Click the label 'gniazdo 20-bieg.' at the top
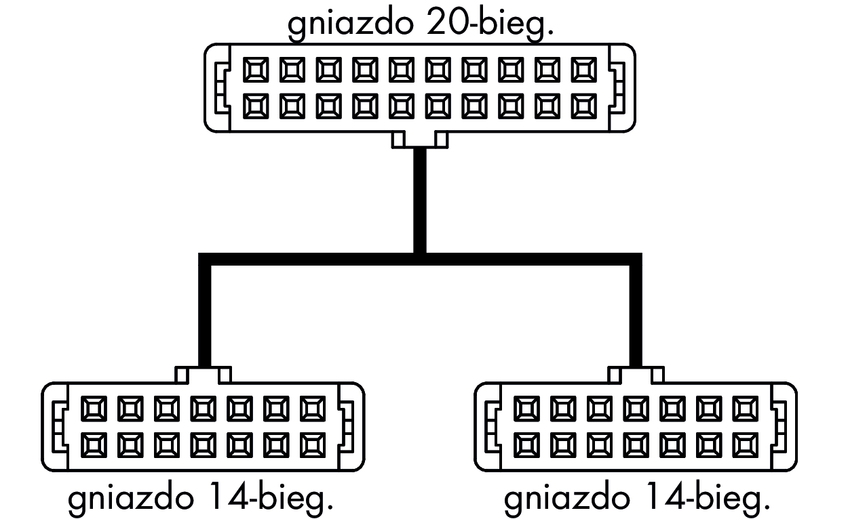[420, 24]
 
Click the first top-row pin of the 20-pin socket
[256, 69]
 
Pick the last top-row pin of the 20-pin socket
[584, 69]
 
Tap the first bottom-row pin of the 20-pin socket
[256, 105]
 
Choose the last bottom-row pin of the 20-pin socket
[584, 105]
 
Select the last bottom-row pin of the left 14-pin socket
[313, 444]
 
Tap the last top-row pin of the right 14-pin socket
[746, 409]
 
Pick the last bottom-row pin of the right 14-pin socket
[746, 444]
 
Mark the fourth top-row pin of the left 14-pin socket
[203, 409]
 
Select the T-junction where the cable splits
[420, 259]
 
